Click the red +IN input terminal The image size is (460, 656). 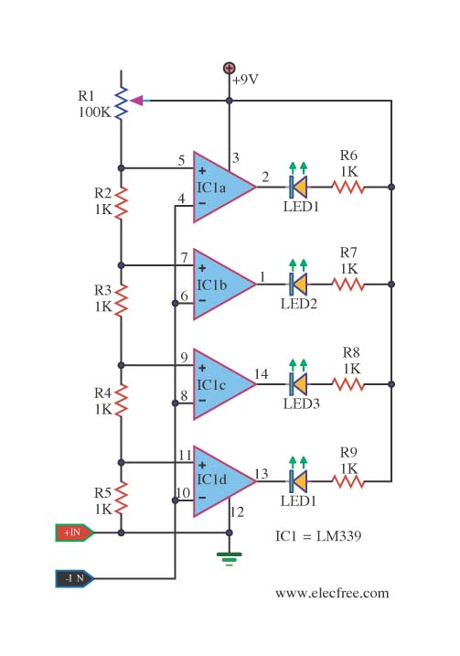click(74, 532)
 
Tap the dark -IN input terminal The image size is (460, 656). click(74, 578)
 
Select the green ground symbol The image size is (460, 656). click(230, 558)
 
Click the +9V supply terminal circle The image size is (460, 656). click(230, 68)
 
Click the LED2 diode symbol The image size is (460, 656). click(298, 284)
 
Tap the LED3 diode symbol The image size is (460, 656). click(298, 384)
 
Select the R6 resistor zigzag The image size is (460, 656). click(348, 187)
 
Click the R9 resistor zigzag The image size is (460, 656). click(348, 481)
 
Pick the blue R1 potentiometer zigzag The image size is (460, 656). click(122, 103)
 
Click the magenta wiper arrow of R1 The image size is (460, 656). click(137, 101)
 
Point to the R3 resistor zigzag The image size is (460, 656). click(122, 300)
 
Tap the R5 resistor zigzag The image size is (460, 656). click(122, 498)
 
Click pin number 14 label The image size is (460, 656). click(262, 373)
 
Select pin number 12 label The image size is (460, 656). click(237, 512)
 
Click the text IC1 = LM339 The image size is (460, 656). click(318, 536)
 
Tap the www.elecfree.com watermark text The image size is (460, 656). click(332, 593)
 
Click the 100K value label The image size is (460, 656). click(95, 113)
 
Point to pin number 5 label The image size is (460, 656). click(181, 160)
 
